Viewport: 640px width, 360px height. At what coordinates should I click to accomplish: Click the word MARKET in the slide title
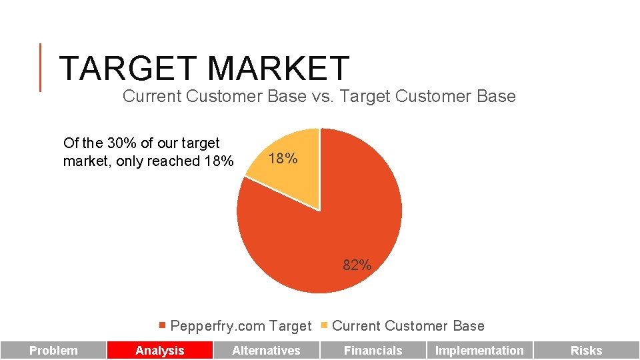pyautogui.click(x=278, y=68)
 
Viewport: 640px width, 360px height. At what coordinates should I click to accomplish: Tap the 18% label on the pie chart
pyautogui.click(x=283, y=159)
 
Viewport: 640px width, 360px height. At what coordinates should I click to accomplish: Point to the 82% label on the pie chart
pyautogui.click(x=357, y=265)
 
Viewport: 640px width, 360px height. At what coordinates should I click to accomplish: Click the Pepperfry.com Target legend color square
pyautogui.click(x=162, y=326)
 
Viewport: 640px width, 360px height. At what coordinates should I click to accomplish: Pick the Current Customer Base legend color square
pyautogui.click(x=324, y=326)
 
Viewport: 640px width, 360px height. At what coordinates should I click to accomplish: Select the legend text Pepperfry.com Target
pyautogui.click(x=241, y=326)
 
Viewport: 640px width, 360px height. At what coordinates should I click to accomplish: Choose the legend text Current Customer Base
pyautogui.click(x=408, y=326)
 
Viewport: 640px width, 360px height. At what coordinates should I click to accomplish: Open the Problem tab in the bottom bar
pyautogui.click(x=53, y=351)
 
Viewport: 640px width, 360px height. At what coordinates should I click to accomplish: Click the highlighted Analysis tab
pyautogui.click(x=160, y=351)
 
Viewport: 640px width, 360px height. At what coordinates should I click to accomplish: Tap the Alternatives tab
pyautogui.click(x=266, y=351)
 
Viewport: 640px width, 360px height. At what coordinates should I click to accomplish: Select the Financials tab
pyautogui.click(x=373, y=351)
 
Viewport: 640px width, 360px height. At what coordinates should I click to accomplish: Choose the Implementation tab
pyautogui.click(x=479, y=351)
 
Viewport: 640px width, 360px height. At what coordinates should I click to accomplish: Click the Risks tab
pyautogui.click(x=586, y=351)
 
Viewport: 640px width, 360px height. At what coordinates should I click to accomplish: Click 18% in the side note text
pyautogui.click(x=219, y=161)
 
